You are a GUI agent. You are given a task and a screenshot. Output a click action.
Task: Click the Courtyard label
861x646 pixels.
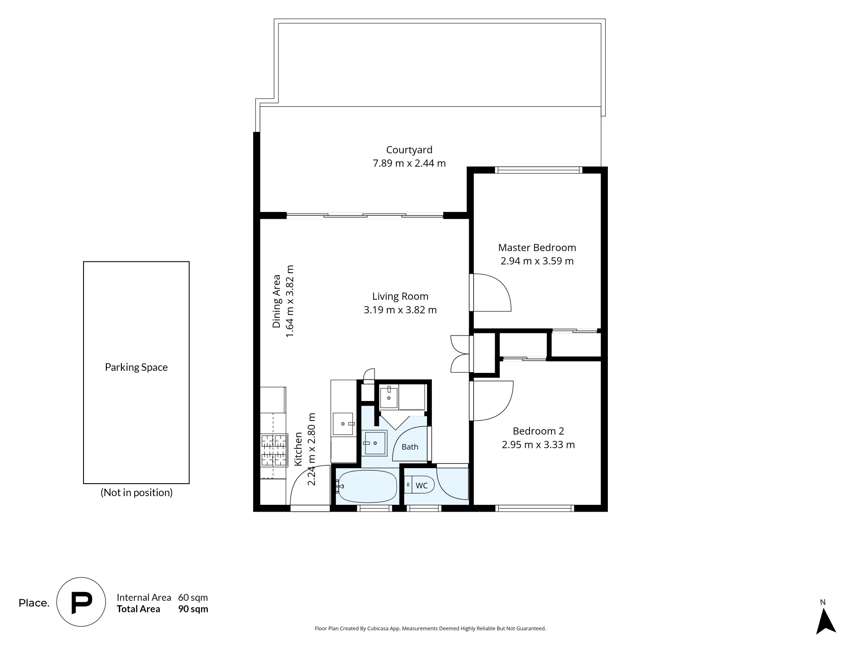coord(409,150)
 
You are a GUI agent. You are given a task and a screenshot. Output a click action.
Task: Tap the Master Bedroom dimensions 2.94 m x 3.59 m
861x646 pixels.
coord(537,261)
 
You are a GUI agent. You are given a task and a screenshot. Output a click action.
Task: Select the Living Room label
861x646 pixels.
coord(400,296)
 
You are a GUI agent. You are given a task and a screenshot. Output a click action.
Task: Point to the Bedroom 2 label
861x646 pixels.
coord(538,431)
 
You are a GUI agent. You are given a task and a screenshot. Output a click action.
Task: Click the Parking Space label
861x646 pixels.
coord(136,367)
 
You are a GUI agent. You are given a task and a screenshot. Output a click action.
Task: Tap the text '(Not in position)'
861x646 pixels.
coord(136,493)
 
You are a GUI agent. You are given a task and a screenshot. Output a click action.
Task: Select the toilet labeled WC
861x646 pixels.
coord(419,485)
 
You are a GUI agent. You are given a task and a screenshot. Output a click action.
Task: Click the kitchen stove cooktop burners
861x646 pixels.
coord(274,450)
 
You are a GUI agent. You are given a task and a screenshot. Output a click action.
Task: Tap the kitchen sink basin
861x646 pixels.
coord(343,424)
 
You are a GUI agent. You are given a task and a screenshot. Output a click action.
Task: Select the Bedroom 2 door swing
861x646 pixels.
coord(493,401)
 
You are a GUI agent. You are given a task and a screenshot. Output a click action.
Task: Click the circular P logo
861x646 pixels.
coord(81,602)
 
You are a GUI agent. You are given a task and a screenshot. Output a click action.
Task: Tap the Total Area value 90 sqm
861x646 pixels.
coord(193,609)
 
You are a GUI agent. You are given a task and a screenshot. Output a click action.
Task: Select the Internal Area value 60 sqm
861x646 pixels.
coord(193,598)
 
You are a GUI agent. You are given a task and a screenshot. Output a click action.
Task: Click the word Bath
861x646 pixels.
coord(410,447)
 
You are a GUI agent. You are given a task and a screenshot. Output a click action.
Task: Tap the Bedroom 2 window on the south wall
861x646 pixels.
coord(535,508)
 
